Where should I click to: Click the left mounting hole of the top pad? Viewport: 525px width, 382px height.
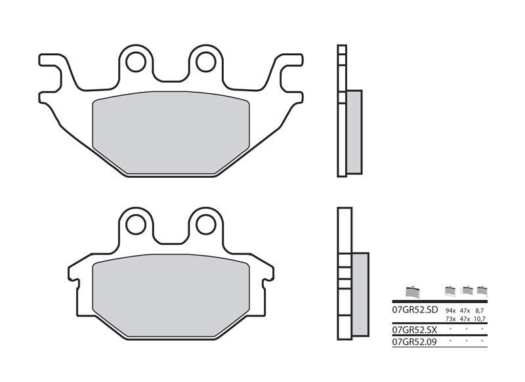[136, 62]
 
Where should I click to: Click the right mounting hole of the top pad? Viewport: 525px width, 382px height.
[204, 62]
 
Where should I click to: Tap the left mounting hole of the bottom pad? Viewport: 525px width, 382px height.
[136, 224]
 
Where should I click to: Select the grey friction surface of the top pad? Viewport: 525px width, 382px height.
[171, 135]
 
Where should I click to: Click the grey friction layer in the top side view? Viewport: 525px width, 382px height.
[353, 131]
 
